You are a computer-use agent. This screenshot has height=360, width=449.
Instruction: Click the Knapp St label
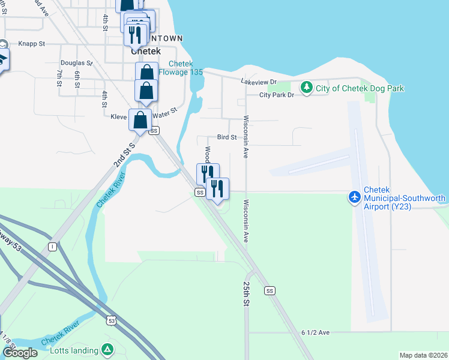coord(32,44)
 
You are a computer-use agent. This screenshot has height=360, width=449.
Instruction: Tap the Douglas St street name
coord(76,62)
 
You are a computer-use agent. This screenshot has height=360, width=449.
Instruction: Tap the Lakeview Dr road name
coord(258,82)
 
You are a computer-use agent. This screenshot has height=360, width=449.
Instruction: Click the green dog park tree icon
coord(307,88)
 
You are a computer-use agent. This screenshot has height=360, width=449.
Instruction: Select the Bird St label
coord(227,137)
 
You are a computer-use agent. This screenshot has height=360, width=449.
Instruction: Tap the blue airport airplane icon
coord(355,196)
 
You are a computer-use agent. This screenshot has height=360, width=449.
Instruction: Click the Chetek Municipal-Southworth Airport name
coord(405,202)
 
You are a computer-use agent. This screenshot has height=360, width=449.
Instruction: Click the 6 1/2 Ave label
coord(316,332)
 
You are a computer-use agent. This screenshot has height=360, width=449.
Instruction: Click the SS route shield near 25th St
coord(270,290)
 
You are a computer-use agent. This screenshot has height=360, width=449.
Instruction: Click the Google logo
coord(20,353)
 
